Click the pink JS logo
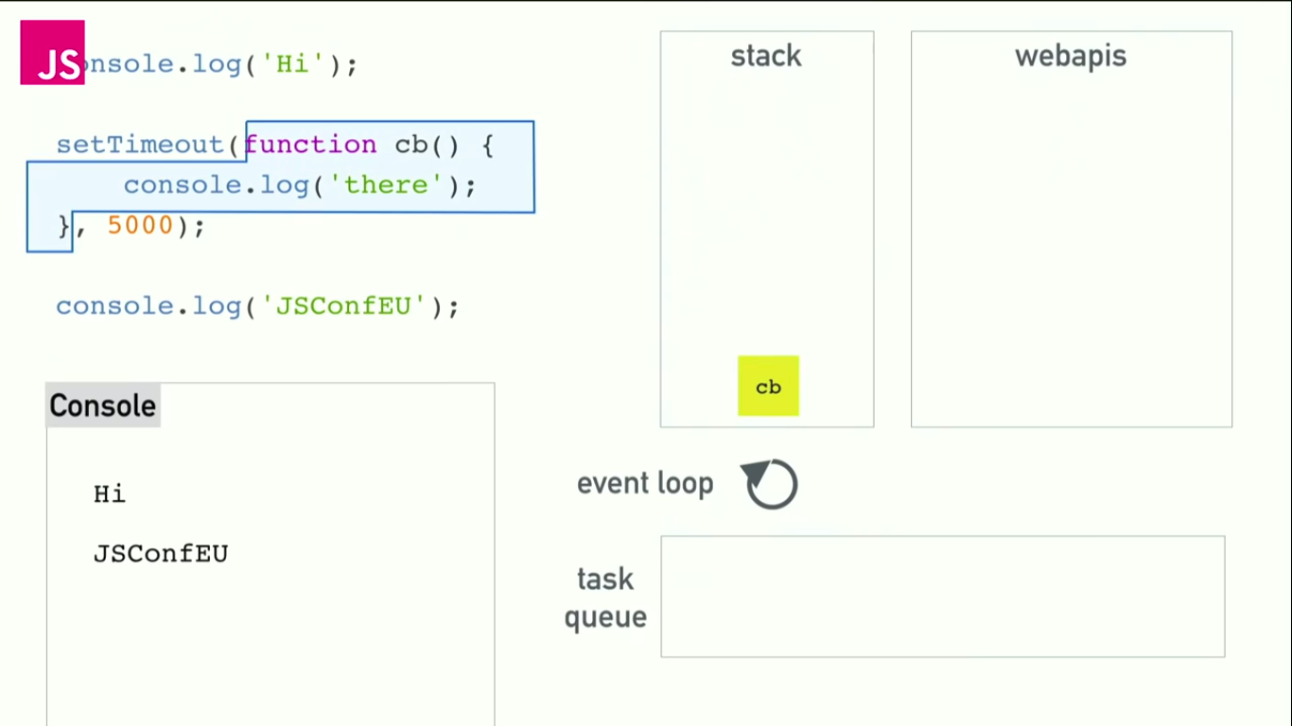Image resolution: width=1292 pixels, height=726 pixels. tap(53, 53)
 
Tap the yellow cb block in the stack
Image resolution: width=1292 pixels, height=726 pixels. tap(768, 386)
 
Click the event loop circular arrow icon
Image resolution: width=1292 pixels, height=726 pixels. tap(771, 484)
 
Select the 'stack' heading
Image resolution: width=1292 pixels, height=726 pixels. tap(766, 56)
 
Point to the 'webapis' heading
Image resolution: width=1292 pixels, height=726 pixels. tap(1071, 56)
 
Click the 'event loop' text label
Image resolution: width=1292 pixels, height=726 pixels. tap(645, 484)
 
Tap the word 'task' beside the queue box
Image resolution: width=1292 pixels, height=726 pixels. tap(605, 579)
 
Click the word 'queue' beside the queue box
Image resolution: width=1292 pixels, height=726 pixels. tap(605, 617)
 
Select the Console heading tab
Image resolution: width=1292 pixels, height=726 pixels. tap(102, 406)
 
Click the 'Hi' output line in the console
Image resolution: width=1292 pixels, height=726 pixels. tap(110, 494)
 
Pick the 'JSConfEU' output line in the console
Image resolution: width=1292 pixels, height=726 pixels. tap(161, 554)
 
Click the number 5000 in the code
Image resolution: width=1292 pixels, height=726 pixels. tap(140, 226)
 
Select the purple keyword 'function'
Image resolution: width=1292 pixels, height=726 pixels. tap(310, 145)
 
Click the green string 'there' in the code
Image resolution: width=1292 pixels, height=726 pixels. tap(386, 185)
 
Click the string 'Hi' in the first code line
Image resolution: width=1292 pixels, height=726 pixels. tap(292, 65)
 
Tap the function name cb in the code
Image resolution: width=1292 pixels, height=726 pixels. tap(411, 145)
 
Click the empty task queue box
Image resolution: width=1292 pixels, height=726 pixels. tap(942, 596)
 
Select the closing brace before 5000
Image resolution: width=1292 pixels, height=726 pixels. tap(64, 226)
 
